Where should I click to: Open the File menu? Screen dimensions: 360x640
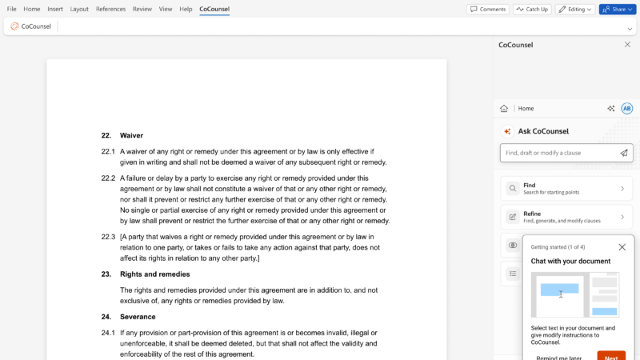pos(11,9)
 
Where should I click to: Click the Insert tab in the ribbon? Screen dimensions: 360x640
pos(55,9)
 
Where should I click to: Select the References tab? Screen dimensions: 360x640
pos(110,9)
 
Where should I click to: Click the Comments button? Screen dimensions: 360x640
pos(488,9)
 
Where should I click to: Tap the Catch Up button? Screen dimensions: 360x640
pos(532,9)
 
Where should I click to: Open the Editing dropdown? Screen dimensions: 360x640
pos(575,9)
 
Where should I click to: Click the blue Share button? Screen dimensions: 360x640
pos(617,9)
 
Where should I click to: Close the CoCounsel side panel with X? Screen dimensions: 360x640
pos(627,45)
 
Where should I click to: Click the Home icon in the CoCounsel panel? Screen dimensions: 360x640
pos(504,108)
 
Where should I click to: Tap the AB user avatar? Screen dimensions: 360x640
pos(626,108)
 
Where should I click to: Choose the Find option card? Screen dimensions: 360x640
pos(566,189)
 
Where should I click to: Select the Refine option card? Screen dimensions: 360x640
pos(566,217)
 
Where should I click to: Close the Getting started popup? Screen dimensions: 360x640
pos(622,247)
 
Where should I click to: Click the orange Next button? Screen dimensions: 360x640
pos(611,356)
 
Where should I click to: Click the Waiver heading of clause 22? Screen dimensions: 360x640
pos(131,135)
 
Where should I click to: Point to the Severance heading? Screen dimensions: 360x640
pos(138,317)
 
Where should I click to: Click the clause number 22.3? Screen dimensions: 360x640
pos(108,237)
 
